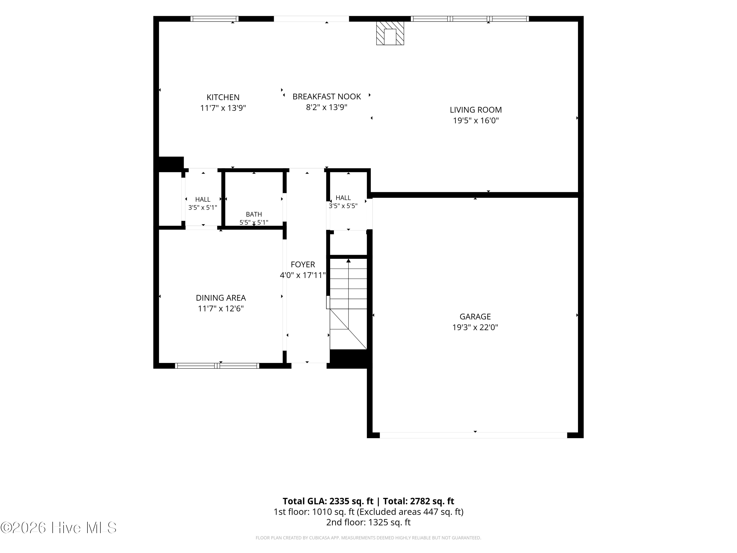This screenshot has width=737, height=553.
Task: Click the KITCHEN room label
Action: [x=223, y=97]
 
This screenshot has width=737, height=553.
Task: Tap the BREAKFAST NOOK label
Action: [x=326, y=97]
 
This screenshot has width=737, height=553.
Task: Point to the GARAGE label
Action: [x=475, y=316]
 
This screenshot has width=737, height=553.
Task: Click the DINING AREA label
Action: [x=221, y=298]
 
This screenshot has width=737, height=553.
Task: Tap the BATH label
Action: [x=254, y=214]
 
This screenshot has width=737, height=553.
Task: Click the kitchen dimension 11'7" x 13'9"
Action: [x=223, y=108]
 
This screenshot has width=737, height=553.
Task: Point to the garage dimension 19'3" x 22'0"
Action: [x=475, y=327]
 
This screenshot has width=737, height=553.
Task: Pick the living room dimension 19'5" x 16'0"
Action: [x=476, y=121]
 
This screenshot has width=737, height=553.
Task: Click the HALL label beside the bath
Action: [x=203, y=199]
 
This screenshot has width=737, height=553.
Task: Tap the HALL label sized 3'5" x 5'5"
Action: [x=343, y=198]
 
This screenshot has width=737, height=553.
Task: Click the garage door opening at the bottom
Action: [x=473, y=435]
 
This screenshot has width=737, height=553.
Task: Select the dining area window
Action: [x=217, y=366]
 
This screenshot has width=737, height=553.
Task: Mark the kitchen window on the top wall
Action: [x=214, y=19]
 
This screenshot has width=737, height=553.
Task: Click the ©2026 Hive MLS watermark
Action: [x=59, y=528]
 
